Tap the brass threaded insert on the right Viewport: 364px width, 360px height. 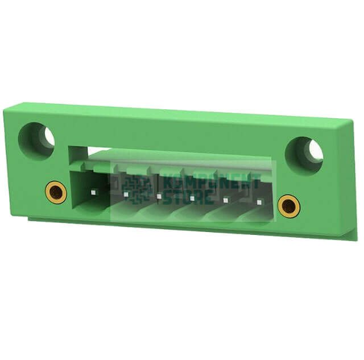[289, 205]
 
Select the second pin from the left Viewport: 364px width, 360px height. [125, 195]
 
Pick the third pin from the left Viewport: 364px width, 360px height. [159, 197]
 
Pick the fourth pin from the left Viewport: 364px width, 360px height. [192, 198]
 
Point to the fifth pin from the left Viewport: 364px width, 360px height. [226, 200]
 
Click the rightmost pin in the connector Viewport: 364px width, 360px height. [259, 202]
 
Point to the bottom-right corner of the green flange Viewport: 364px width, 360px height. [357, 239]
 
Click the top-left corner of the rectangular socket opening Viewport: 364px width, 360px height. [69, 146]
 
